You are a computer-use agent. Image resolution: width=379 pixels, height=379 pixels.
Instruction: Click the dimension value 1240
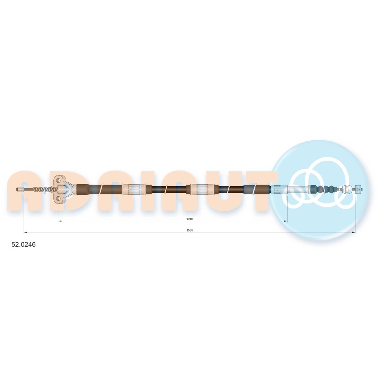click(190, 219)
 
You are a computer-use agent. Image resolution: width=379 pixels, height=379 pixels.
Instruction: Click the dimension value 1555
click(190, 230)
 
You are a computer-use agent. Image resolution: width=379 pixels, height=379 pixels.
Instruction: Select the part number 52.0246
click(23, 244)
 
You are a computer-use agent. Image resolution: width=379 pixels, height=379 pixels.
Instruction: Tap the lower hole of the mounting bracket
click(58, 199)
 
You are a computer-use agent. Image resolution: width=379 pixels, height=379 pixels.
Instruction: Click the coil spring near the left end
click(45, 189)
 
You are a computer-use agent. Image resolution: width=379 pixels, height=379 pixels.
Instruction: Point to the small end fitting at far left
click(20, 189)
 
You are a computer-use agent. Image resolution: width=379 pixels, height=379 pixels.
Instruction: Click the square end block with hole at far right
click(359, 189)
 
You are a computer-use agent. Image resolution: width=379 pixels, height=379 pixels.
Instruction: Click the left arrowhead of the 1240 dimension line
click(60, 221)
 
